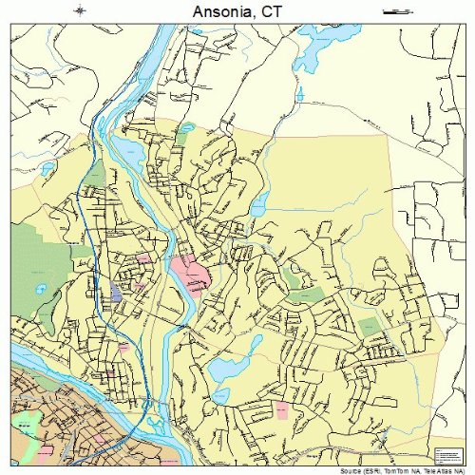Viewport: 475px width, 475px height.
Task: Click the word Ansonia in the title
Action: pos(221,11)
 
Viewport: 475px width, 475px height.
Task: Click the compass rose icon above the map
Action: pos(80,10)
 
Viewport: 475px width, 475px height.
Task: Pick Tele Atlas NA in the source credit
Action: pos(436,468)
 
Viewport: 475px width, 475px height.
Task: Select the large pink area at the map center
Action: pos(190,275)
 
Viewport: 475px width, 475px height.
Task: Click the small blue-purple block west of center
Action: pos(116,291)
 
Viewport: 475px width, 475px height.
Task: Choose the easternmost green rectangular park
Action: pos(370,328)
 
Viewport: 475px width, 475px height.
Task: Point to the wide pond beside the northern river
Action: pos(128,153)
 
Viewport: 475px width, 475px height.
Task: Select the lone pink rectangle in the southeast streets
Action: pos(281,408)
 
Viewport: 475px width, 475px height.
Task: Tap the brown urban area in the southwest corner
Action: pos(47,418)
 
